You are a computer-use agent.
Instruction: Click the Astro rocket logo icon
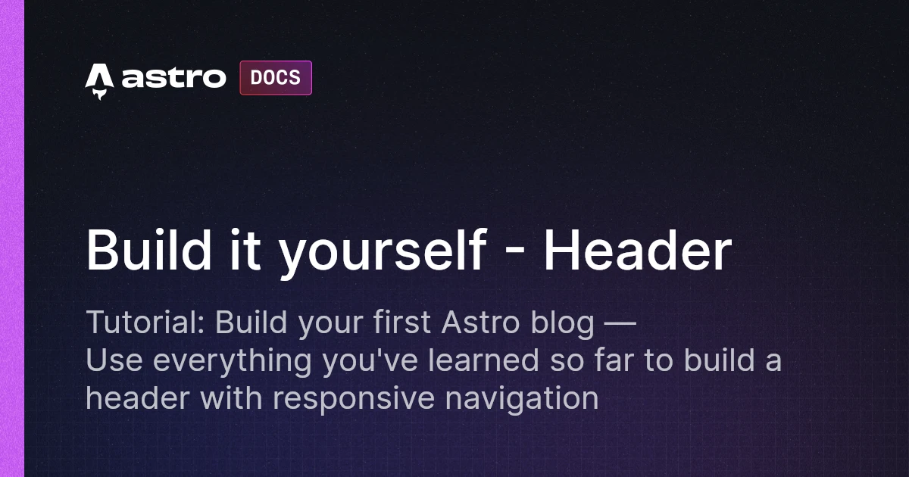click(99, 82)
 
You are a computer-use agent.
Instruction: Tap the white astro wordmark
click(173, 77)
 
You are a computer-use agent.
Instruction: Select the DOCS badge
click(276, 78)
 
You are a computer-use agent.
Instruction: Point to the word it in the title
click(245, 249)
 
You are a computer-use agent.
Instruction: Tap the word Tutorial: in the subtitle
click(145, 323)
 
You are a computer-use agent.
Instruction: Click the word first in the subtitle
click(401, 322)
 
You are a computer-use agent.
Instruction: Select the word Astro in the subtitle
click(480, 323)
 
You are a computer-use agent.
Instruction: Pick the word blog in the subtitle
click(562, 324)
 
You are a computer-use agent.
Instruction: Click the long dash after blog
click(620, 323)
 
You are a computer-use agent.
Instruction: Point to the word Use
click(114, 360)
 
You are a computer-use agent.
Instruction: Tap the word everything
click(232, 362)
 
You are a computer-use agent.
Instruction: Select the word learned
click(484, 360)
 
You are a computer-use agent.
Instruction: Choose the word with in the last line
click(231, 397)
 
